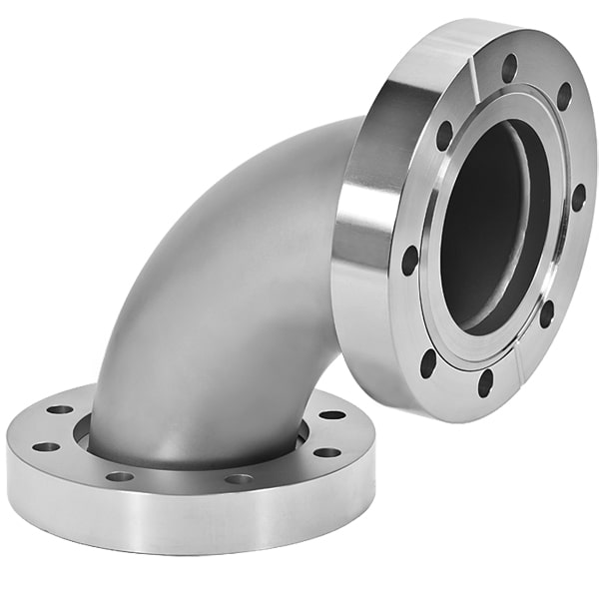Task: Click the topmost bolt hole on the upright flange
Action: click(x=509, y=68)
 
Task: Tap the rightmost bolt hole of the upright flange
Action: click(x=578, y=197)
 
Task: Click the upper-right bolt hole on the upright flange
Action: click(x=564, y=97)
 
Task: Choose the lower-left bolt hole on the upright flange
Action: click(x=428, y=362)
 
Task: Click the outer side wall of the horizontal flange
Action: click(x=180, y=519)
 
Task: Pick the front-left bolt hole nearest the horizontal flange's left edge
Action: click(x=45, y=446)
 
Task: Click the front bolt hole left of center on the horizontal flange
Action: click(x=120, y=476)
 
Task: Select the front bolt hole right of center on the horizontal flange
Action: click(x=239, y=479)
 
